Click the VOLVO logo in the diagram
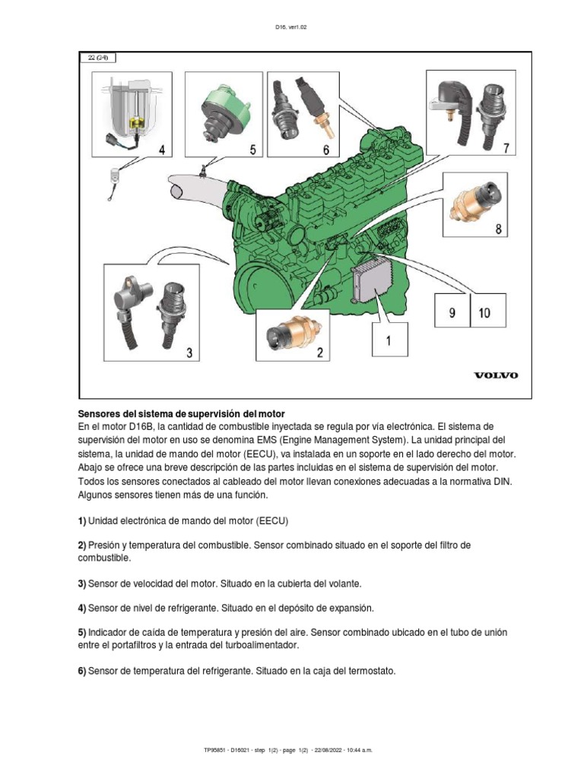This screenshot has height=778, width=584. coord(496,375)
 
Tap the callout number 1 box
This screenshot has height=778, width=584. coord(389,341)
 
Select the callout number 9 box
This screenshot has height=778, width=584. coord(452,312)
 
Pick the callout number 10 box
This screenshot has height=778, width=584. coord(485,312)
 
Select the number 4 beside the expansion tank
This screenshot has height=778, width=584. coord(161,150)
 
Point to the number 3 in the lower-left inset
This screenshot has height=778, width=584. coord(189,352)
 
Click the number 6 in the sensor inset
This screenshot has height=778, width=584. coord(325,150)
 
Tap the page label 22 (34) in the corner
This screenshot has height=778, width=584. coord(97,57)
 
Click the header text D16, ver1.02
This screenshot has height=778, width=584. coord(291,26)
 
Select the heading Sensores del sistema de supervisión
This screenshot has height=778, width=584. coord(182,413)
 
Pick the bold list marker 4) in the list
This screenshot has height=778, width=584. coord(83,609)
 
